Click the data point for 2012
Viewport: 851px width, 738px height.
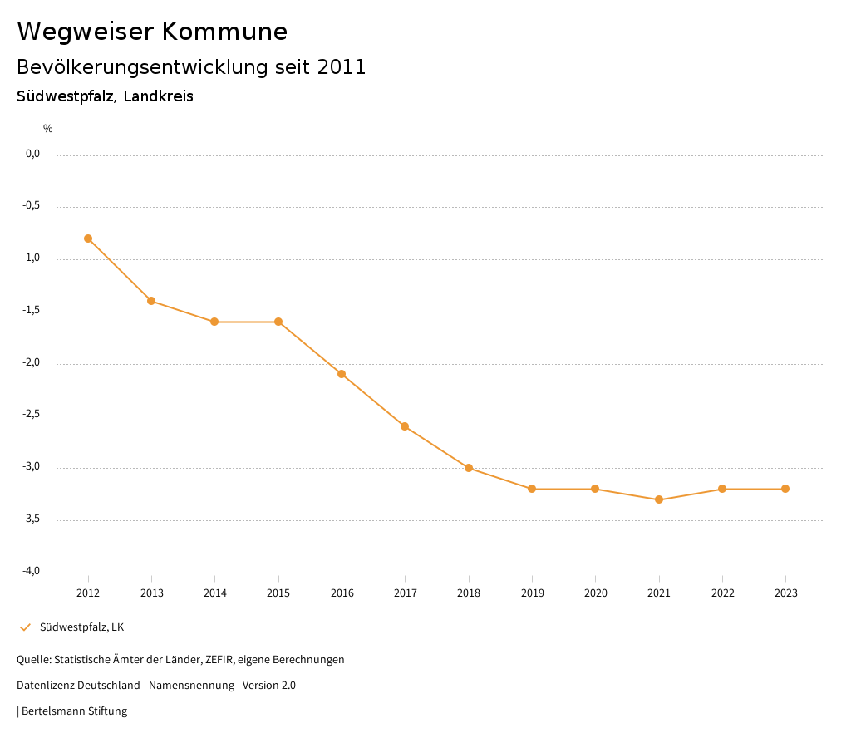(88, 239)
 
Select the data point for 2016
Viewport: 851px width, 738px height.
(342, 374)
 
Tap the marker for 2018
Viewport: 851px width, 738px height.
(469, 468)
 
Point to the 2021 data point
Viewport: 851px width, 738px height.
(659, 499)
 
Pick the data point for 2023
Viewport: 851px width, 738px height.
(785, 489)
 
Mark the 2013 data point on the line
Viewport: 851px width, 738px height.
(151, 301)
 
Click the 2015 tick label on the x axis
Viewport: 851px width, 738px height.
(278, 593)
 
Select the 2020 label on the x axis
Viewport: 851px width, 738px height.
(595, 593)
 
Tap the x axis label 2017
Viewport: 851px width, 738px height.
(405, 593)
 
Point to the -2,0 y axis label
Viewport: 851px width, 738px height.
(32, 363)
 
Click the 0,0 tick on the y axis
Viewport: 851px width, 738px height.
(32, 154)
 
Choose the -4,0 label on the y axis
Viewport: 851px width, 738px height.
(32, 571)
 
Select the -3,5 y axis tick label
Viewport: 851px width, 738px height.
(32, 519)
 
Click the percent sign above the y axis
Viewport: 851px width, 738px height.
(48, 129)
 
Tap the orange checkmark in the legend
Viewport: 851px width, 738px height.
(25, 627)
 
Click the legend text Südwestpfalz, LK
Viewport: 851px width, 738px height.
(81, 627)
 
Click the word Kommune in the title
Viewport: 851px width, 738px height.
(224, 32)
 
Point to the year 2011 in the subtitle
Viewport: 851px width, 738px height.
(342, 67)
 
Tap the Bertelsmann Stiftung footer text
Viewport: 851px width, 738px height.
(74, 711)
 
